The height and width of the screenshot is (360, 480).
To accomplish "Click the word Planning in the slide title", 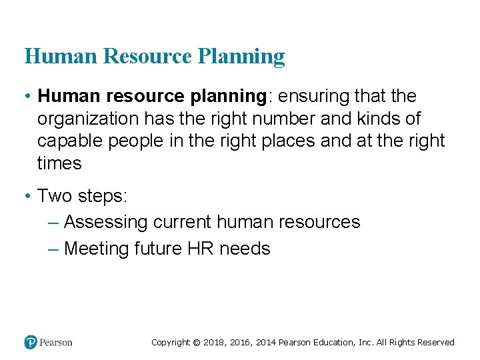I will pyautogui.click(x=241, y=57).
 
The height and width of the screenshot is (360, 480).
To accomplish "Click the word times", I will pyautogui.click(x=59, y=163).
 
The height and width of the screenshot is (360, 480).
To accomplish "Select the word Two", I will pyautogui.click(x=55, y=196).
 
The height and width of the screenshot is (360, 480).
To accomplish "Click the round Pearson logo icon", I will pyautogui.click(x=30, y=342).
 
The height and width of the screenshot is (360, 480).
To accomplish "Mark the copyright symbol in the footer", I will pyautogui.click(x=196, y=343).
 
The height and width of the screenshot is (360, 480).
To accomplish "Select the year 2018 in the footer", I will pyautogui.click(x=215, y=343).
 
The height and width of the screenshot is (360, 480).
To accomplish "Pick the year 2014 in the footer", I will pyautogui.click(x=264, y=343).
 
